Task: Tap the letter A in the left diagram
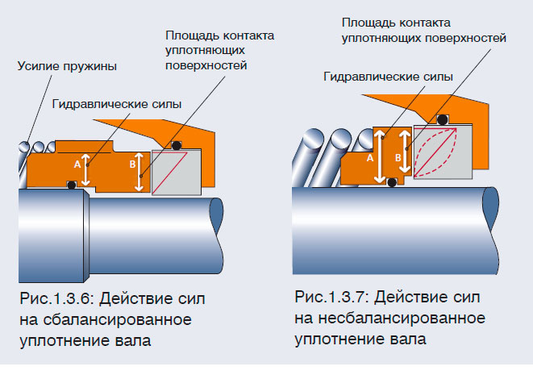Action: pos(77,163)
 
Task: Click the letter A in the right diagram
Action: pos(370,159)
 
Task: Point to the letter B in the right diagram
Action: pos(398,158)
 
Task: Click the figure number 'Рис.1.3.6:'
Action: pos(55,300)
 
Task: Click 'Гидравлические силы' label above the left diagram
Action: pos(116,105)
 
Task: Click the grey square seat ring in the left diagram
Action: pos(179,173)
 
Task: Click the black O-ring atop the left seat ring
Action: pos(175,146)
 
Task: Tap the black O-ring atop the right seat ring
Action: pos(443,120)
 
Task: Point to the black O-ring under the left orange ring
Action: pos(73,186)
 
